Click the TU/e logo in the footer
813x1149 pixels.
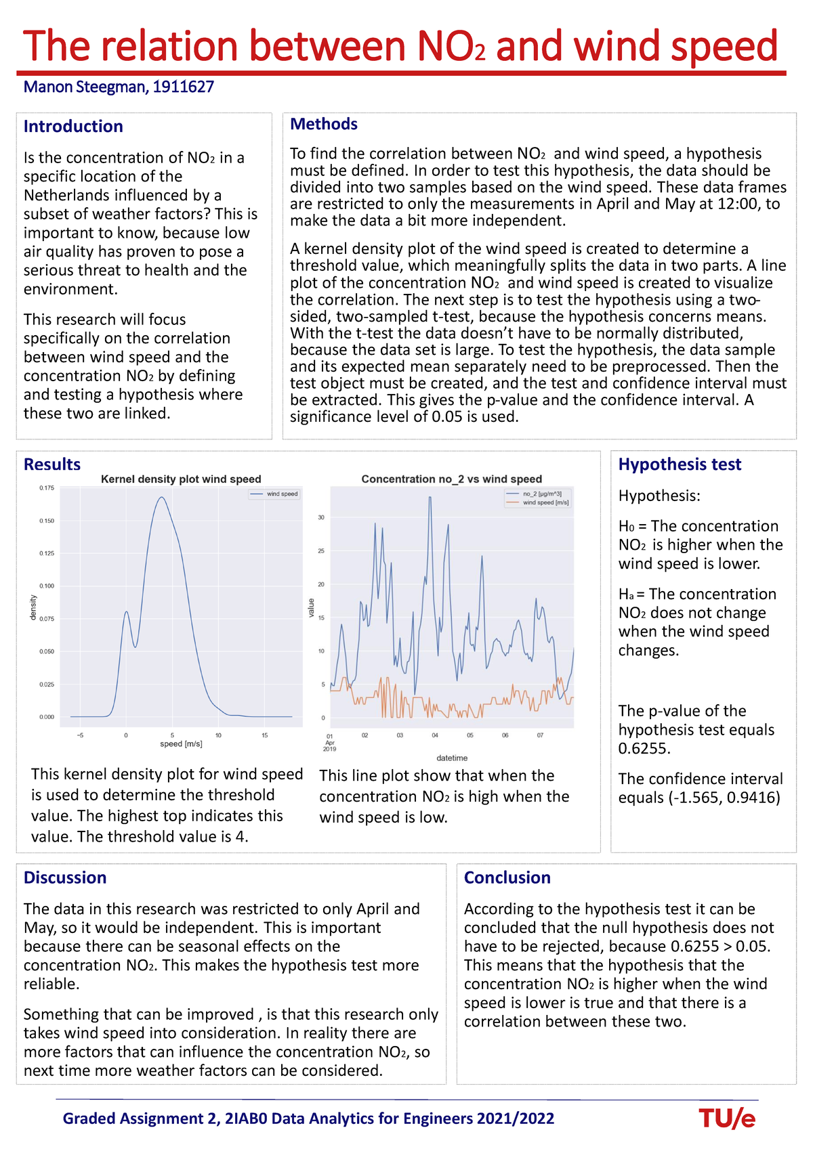pyautogui.click(x=727, y=1119)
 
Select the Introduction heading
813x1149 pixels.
pyautogui.click(x=73, y=127)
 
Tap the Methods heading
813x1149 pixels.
pyautogui.click(x=324, y=124)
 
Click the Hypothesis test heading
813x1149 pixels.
pyautogui.click(x=680, y=464)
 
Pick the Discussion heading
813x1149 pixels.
pyautogui.click(x=65, y=877)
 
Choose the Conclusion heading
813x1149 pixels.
pyautogui.click(x=507, y=877)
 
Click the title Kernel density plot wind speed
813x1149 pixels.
pyautogui.click(x=181, y=479)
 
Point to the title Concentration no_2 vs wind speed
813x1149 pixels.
pyautogui.click(x=451, y=479)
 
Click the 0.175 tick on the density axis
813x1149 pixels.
pyautogui.click(x=47, y=487)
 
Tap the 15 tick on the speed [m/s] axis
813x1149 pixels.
pyautogui.click(x=265, y=735)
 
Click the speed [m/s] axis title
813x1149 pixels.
pyautogui.click(x=181, y=744)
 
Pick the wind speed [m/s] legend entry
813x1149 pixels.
pyautogui.click(x=545, y=502)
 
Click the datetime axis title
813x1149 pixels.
pyautogui.click(x=452, y=758)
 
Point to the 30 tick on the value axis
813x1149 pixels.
pyautogui.click(x=322, y=518)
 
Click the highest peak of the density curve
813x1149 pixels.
pyautogui.click(x=161, y=498)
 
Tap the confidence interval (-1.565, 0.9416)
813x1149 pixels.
pyautogui.click(x=700, y=798)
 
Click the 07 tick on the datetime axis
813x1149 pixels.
pyautogui.click(x=540, y=735)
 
